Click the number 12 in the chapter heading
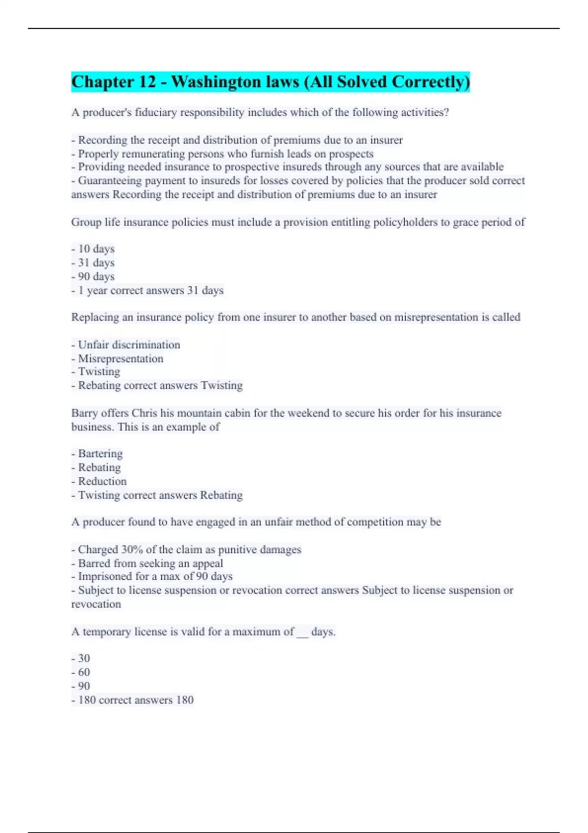147,82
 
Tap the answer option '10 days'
96,249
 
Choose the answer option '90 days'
96,276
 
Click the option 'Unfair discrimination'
129,345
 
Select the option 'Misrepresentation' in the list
121,359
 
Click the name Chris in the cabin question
144,413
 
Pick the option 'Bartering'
100,454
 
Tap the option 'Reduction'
102,481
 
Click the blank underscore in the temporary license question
302,632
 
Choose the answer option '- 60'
84,672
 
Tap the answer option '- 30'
84,659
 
